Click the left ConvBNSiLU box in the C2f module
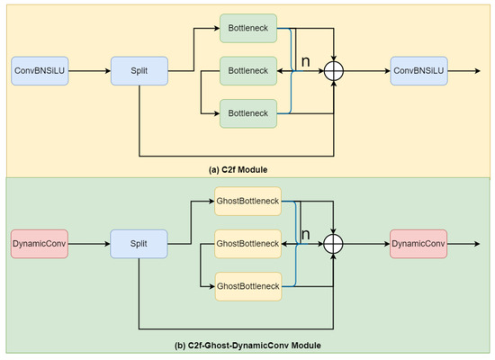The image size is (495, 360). tap(38, 70)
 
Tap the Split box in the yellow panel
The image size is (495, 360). tap(139, 70)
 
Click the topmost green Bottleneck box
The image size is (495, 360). tap(247, 29)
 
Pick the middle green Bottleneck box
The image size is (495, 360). tap(247, 70)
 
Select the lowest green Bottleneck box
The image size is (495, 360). tap(247, 113)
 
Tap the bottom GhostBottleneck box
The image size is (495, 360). tap(247, 286)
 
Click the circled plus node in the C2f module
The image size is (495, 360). tap(335, 71)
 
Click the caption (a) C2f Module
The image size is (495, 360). tap(247, 168)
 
